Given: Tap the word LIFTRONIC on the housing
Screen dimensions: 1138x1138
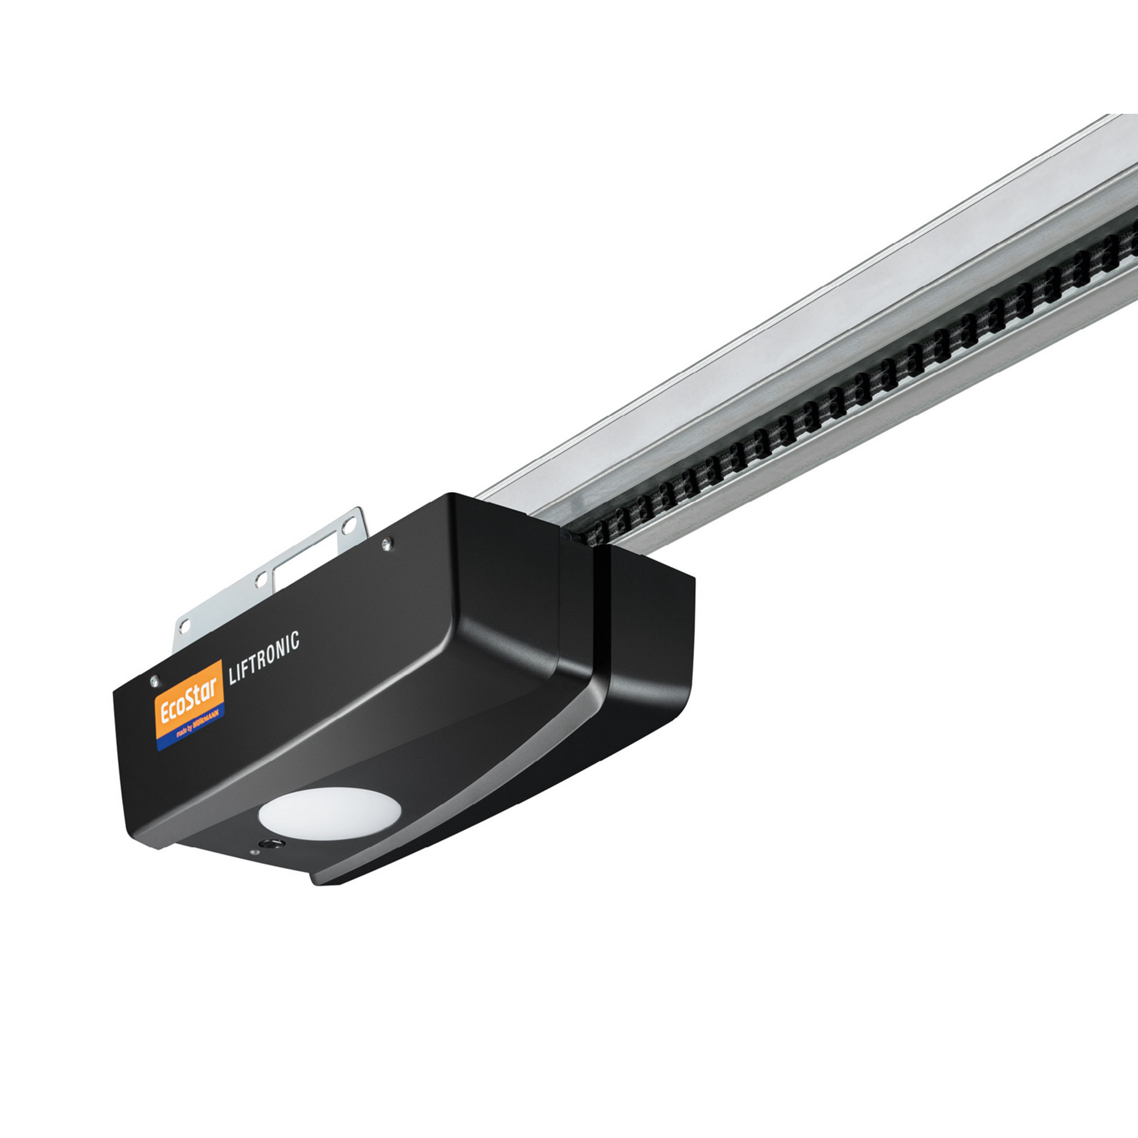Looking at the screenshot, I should [x=263, y=657].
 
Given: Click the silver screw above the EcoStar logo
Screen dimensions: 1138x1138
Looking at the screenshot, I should [x=154, y=681].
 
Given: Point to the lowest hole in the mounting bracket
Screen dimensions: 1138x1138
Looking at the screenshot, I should [x=185, y=625].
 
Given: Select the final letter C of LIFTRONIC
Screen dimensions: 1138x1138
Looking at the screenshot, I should [x=295, y=640].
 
